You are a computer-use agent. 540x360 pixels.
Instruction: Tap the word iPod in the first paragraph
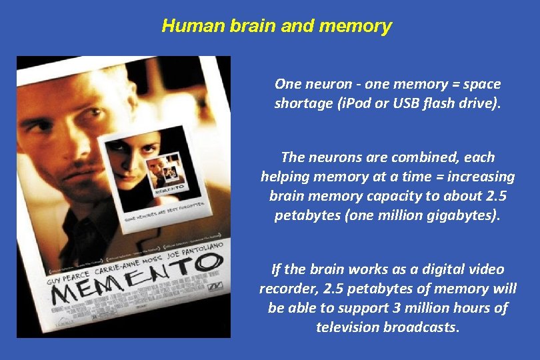click(349, 103)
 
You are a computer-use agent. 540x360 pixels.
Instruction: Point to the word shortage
click(301, 103)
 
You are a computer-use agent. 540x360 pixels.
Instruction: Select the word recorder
click(287, 289)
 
